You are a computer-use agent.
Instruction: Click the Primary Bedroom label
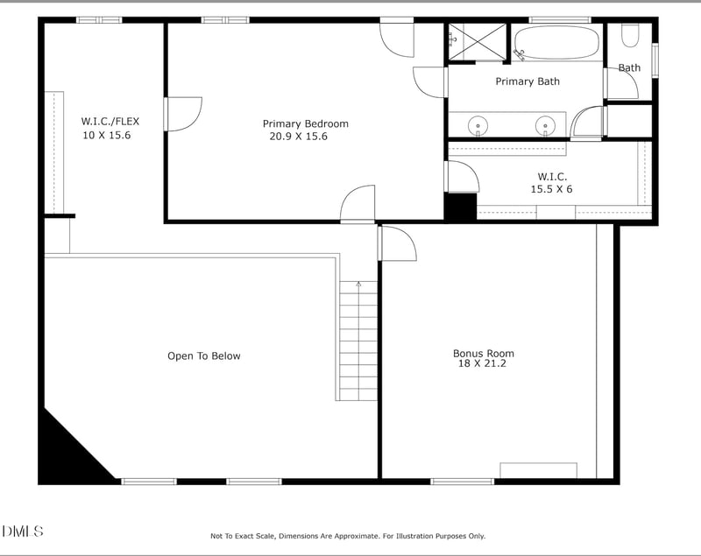[305, 123]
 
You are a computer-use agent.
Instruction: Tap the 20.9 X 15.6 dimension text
[298, 137]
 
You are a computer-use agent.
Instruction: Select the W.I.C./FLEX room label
[110, 121]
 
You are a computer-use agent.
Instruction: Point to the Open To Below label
[203, 355]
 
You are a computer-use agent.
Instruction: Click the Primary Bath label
[527, 81]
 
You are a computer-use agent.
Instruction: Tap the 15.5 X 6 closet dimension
[551, 189]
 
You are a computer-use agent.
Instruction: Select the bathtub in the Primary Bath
[556, 42]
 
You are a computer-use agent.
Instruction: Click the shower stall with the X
[478, 41]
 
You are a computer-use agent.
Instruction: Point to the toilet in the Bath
[630, 35]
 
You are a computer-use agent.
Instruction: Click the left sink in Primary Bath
[478, 124]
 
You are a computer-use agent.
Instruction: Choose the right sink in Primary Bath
[545, 124]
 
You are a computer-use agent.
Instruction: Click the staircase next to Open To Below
[358, 341]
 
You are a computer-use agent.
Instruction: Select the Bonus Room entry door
[396, 243]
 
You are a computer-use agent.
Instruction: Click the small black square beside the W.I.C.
[460, 207]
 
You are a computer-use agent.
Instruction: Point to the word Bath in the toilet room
[629, 67]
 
